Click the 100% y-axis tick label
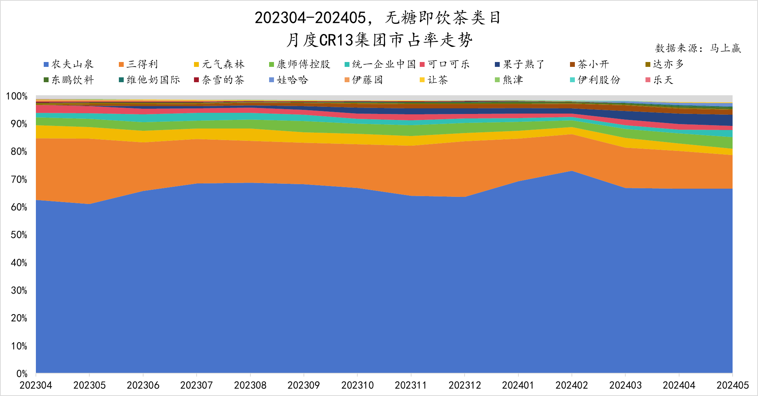[17, 96]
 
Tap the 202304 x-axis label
[36, 385]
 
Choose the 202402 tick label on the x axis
[571, 385]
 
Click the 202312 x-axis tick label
[465, 385]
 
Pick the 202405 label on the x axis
[733, 385]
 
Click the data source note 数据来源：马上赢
[698, 48]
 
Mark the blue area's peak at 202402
[571, 171]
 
